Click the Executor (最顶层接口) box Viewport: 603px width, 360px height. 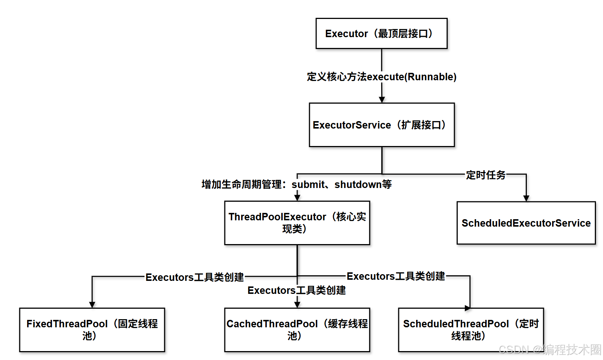(x=381, y=33)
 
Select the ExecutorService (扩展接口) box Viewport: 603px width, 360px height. (x=382, y=125)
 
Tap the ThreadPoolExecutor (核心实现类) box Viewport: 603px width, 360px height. (x=297, y=223)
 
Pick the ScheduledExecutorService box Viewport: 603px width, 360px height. (x=526, y=223)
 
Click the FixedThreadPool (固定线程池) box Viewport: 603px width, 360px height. (x=92, y=330)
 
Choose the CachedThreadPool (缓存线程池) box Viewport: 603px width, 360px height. (x=297, y=330)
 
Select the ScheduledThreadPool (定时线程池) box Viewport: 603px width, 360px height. (x=471, y=330)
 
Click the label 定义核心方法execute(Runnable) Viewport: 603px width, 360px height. (x=382, y=77)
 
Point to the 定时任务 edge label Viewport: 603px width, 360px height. (x=486, y=175)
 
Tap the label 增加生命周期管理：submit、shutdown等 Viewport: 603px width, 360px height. (x=296, y=184)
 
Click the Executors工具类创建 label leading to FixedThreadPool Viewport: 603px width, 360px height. (x=195, y=277)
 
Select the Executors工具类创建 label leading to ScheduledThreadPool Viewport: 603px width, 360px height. (x=396, y=276)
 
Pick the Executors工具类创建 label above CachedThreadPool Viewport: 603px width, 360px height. (x=296, y=290)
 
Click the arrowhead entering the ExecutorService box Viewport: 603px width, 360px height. (x=382, y=100)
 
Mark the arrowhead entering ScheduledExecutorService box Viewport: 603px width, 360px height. (x=526, y=198)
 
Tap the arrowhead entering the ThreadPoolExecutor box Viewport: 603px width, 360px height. (x=297, y=198)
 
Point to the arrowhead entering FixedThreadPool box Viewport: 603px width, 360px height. (x=92, y=305)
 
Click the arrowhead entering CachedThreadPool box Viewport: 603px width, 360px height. (x=297, y=305)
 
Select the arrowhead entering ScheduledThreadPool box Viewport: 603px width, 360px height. (x=467, y=308)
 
